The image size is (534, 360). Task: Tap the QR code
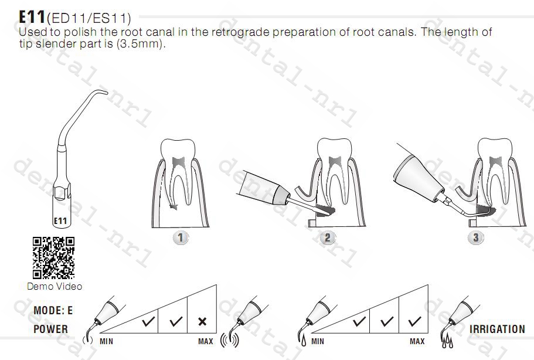click(x=53, y=258)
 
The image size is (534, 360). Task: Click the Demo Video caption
click(x=55, y=287)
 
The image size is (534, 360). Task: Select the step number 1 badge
click(x=181, y=237)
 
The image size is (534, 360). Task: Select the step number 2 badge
click(x=327, y=237)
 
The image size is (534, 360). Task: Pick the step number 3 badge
click(x=475, y=237)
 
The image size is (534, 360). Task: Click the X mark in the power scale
click(x=202, y=321)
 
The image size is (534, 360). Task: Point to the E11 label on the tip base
click(x=60, y=221)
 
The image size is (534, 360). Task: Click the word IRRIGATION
click(x=497, y=329)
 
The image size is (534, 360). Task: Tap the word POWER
click(x=51, y=329)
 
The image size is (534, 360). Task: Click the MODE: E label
click(x=53, y=310)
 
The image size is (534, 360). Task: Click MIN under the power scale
click(x=106, y=341)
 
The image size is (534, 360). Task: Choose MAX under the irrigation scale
click(x=417, y=341)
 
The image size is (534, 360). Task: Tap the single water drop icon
click(x=304, y=341)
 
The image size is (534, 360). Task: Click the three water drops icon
click(x=447, y=341)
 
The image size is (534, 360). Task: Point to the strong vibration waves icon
click(x=230, y=340)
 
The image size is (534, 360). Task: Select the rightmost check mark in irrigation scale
click(x=414, y=321)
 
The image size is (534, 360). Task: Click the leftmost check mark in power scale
click(x=148, y=321)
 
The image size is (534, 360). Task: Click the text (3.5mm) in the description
click(x=140, y=44)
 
